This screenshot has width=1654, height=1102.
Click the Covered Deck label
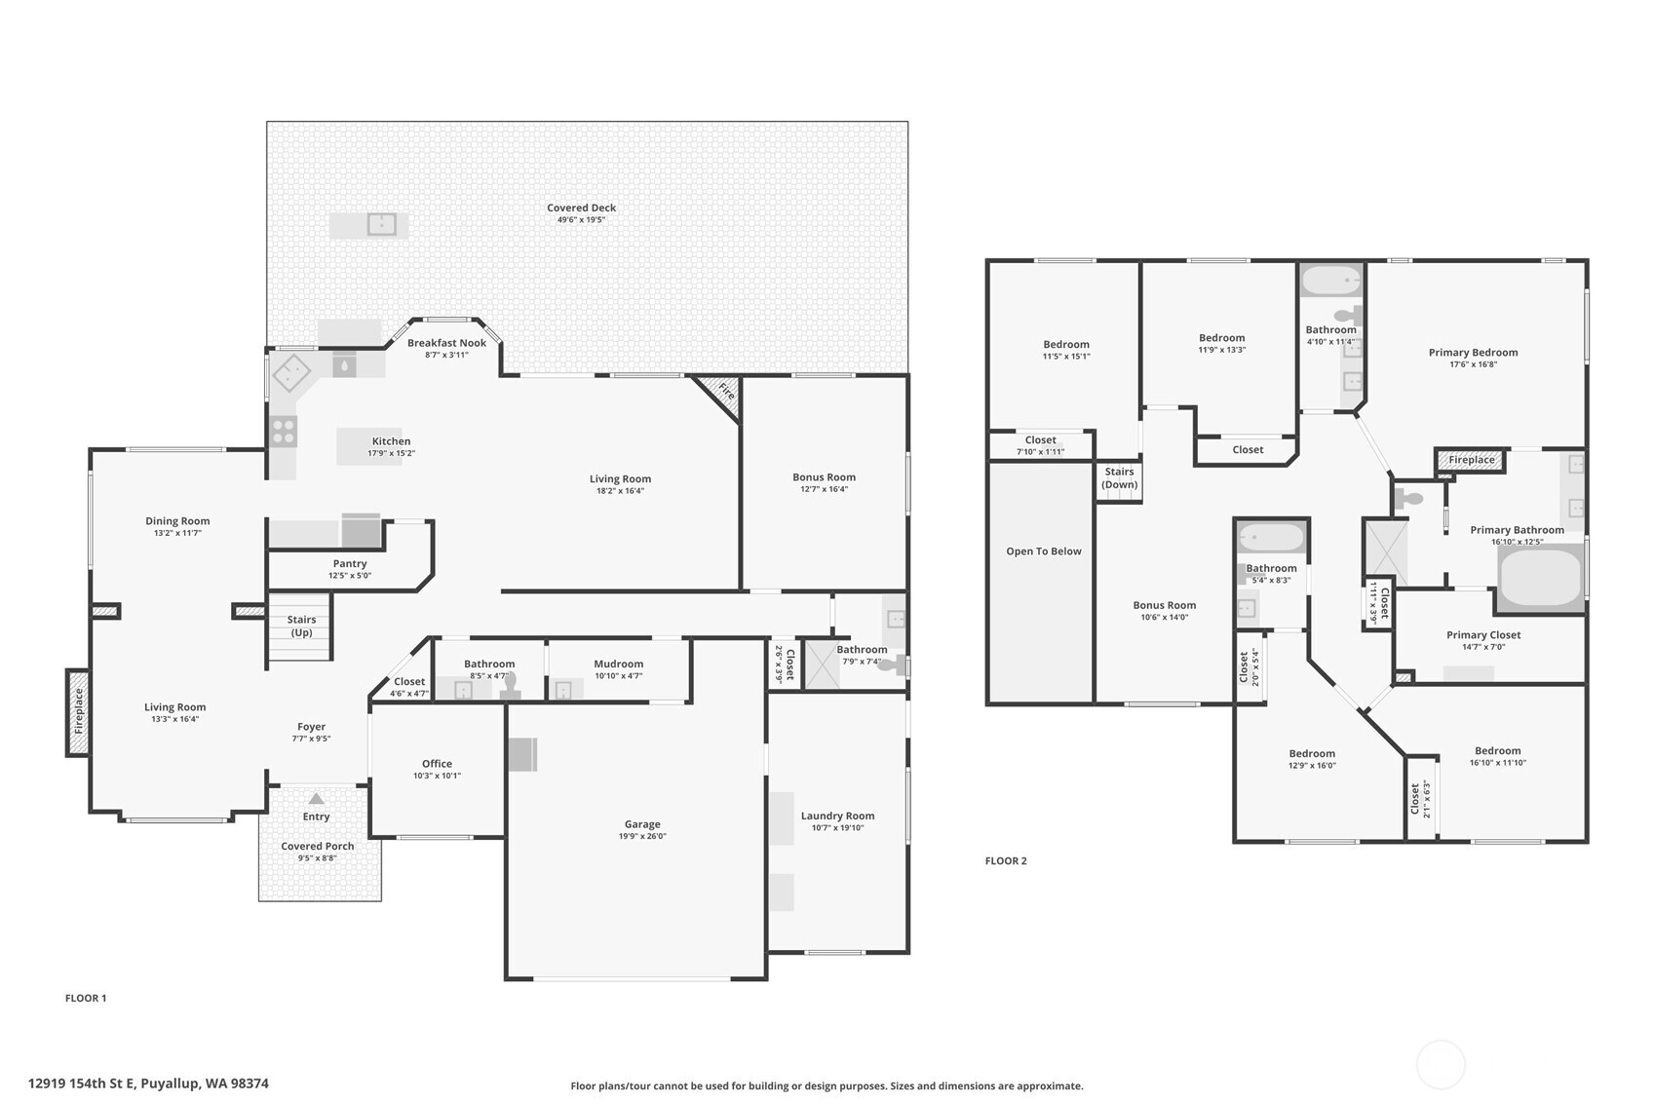(x=581, y=208)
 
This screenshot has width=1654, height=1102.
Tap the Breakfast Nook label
(x=446, y=343)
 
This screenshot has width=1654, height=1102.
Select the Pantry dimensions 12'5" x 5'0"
(x=350, y=576)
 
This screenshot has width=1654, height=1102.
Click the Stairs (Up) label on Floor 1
(x=301, y=626)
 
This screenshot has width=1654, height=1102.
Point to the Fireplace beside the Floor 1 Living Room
(x=79, y=711)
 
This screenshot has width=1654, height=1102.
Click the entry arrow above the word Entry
(x=316, y=798)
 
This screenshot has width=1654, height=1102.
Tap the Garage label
(x=642, y=824)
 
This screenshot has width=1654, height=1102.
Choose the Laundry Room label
(x=837, y=816)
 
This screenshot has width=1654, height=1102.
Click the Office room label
(x=437, y=764)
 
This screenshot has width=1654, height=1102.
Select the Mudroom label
(x=618, y=664)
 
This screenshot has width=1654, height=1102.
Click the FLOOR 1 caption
(x=86, y=998)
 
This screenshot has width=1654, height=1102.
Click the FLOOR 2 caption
(x=1006, y=860)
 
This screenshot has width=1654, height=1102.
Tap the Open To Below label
(x=1044, y=551)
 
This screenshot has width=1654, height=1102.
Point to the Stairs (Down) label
(x=1119, y=477)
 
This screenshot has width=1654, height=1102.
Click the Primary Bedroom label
(x=1473, y=353)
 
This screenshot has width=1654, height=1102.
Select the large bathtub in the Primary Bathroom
(x=1539, y=579)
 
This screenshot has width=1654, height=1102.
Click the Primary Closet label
(x=1483, y=635)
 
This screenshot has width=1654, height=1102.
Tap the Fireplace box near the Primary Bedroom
(x=1471, y=460)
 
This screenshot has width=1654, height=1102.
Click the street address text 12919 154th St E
(x=148, y=1083)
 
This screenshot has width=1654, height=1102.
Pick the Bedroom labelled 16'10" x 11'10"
(x=1497, y=751)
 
